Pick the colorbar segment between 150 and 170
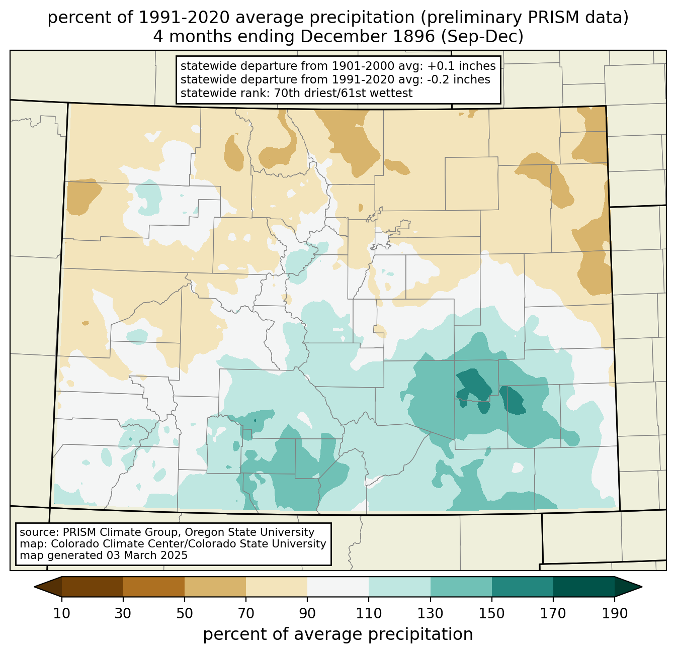coord(522,587)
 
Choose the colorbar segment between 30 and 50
coord(153,587)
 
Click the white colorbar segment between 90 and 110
coord(338,587)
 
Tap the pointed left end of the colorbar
coord(34,587)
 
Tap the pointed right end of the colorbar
coord(642,587)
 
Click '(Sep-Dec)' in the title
coord(482,37)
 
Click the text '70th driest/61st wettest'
coord(343,93)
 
